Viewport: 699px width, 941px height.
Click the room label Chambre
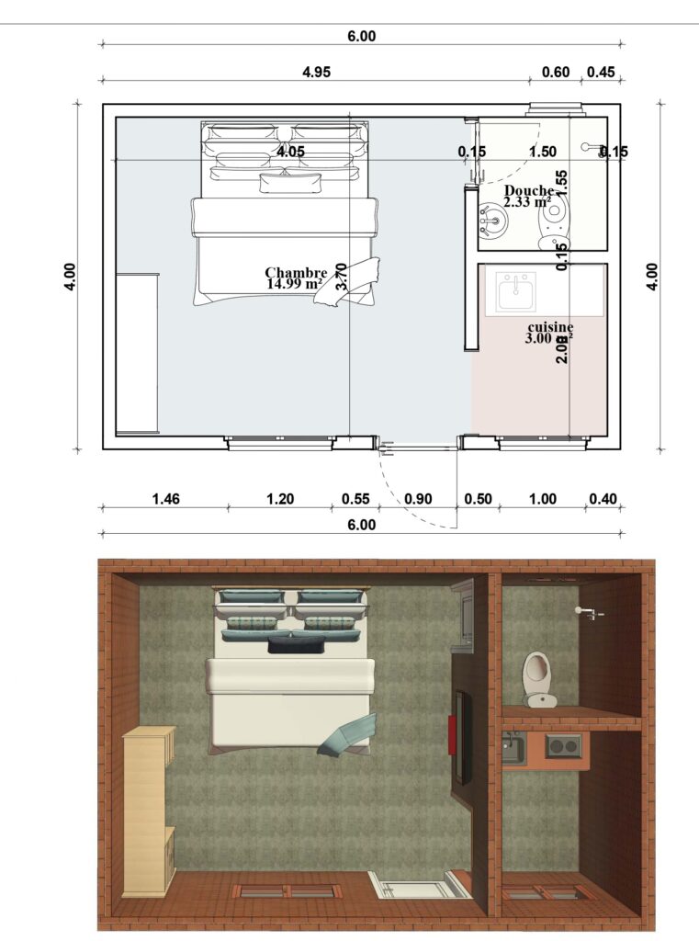click(x=296, y=272)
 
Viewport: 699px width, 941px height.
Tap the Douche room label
click(x=528, y=190)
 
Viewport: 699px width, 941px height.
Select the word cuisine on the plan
click(x=550, y=326)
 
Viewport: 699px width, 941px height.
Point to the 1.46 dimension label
click(x=165, y=499)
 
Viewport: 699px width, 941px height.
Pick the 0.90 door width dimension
click(x=418, y=499)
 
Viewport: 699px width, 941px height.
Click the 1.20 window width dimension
click(x=279, y=499)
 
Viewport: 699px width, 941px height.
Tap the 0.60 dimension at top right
click(x=556, y=71)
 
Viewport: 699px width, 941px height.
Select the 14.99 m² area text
click(x=293, y=284)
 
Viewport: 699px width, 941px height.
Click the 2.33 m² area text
click(x=527, y=202)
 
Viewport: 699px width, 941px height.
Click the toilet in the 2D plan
click(x=553, y=218)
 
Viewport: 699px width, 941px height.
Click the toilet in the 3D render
click(x=536, y=678)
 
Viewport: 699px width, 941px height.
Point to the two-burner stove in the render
click(x=562, y=745)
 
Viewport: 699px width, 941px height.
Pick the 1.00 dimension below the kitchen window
click(x=543, y=499)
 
